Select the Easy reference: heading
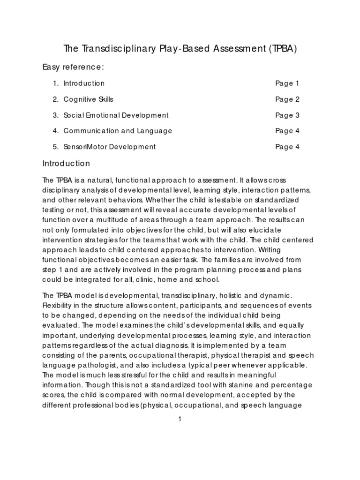point(73,67)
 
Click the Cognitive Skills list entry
point(89,99)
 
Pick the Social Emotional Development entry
point(116,115)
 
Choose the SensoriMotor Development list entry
point(110,147)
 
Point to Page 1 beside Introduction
point(287,83)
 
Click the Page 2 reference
point(287,99)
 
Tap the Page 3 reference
point(287,115)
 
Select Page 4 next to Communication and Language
point(287,131)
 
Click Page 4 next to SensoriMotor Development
point(287,147)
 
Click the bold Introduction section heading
point(66,164)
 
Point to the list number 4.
point(55,131)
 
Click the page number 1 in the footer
point(180,419)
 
